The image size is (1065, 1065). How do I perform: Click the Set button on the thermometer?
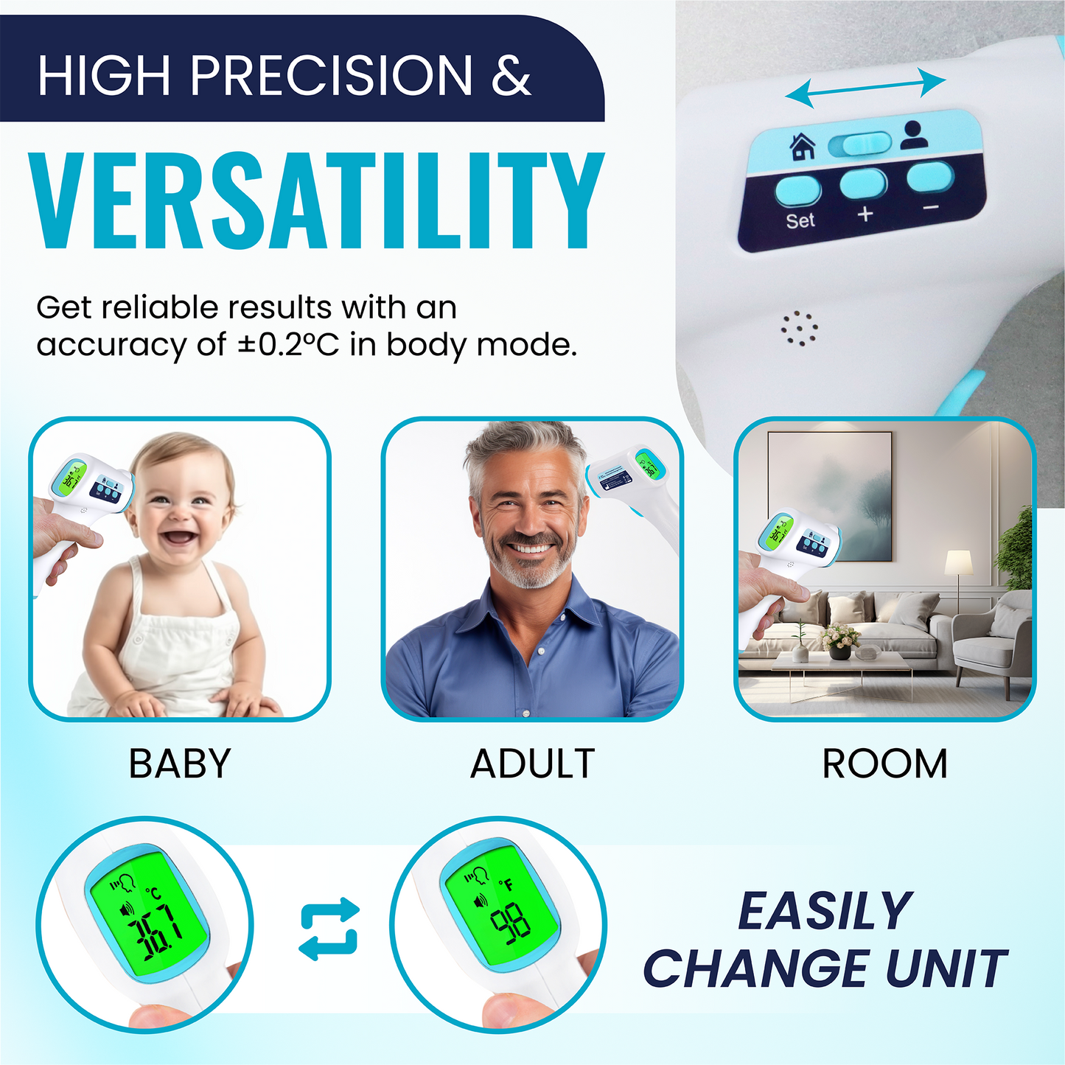(798, 191)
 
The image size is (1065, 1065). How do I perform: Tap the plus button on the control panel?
(863, 184)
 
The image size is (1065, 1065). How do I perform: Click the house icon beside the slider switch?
(803, 147)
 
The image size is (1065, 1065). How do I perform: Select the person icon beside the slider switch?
(914, 135)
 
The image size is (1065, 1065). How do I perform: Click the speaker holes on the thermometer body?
(799, 328)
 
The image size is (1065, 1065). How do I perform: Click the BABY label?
(180, 764)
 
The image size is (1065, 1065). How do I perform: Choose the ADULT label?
(532, 764)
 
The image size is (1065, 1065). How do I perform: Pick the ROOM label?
(885, 764)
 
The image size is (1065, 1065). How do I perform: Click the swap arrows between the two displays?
(329, 929)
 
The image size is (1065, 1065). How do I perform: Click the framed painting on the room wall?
(830, 496)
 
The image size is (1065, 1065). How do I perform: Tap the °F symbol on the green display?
(506, 885)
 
